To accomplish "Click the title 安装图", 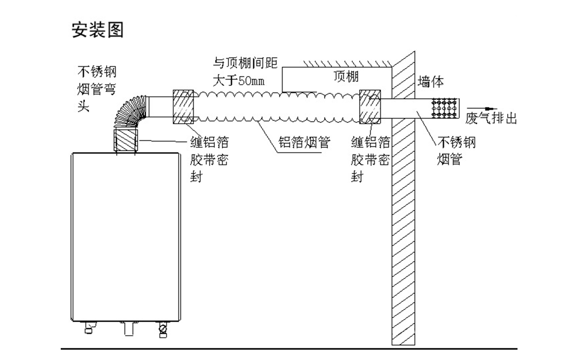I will (x=98, y=30).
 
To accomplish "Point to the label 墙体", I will (x=431, y=81).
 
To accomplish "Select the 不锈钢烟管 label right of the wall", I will (x=456, y=151).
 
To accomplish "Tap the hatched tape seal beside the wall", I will (x=369, y=107).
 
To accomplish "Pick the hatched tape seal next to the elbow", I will (x=183, y=107).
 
